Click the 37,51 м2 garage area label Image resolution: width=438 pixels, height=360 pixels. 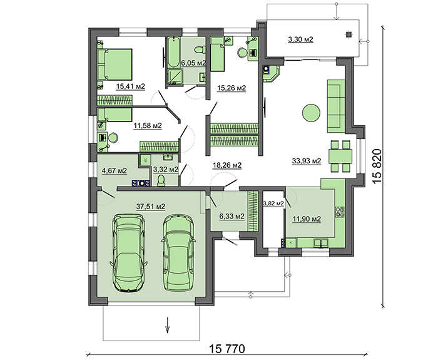click(151, 207)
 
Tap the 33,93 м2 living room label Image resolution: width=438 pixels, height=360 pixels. click(307, 161)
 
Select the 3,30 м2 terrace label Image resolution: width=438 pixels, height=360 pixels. click(300, 39)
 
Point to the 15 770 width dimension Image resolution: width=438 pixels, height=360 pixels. click(227, 349)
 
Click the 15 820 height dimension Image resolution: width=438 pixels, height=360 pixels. click(377, 167)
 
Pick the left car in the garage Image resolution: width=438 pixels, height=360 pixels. click(128, 253)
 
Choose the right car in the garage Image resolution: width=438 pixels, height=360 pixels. click(178, 253)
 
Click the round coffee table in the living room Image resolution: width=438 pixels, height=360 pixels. click(311, 113)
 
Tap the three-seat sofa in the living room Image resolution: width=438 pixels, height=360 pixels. click(337, 106)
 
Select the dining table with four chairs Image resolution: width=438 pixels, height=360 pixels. click(340, 157)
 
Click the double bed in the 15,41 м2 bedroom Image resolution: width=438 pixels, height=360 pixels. click(115, 64)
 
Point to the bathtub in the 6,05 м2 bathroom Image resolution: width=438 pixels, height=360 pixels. click(173, 53)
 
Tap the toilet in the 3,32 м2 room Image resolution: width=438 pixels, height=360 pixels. click(161, 180)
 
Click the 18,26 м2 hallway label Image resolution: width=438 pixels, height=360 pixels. click(227, 165)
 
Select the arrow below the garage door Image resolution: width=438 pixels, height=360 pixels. click(168, 325)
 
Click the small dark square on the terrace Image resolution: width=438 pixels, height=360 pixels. click(348, 34)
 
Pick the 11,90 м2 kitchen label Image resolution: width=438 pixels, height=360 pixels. click(307, 219)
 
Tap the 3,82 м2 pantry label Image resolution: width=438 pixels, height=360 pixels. click(273, 203)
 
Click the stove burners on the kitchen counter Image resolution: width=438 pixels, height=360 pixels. click(340, 212)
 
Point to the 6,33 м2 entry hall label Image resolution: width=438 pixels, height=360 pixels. click(232, 216)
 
